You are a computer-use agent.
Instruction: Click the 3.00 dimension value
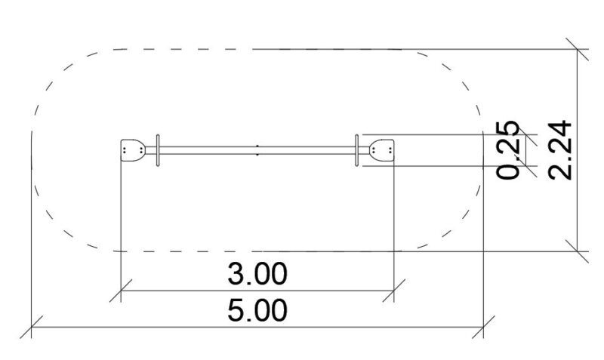(257, 274)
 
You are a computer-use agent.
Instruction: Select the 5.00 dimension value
(257, 310)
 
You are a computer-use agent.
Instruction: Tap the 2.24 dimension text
(559, 149)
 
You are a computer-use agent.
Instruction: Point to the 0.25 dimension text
(508, 149)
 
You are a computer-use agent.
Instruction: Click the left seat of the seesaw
(133, 150)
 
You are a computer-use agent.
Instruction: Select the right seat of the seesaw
(382, 150)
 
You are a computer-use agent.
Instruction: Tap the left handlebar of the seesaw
(158, 150)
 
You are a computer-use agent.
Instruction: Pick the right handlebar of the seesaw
(356, 150)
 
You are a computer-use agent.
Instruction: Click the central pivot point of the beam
(257, 150)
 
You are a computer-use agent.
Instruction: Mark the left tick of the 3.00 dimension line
(121, 291)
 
